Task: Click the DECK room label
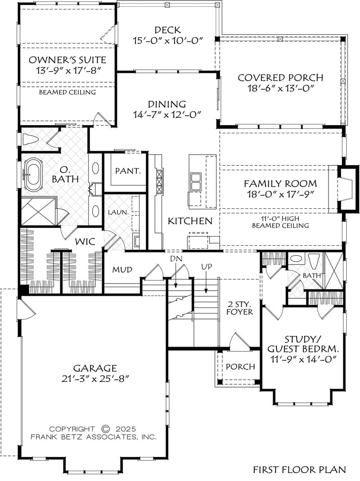coord(168,30)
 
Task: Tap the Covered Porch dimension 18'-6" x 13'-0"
coord(280,88)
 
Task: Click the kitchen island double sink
coord(196,183)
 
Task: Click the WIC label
coord(85,242)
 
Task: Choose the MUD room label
coord(121,270)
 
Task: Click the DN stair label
coord(175,260)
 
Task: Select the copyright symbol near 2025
coord(106,429)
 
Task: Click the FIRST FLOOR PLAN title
coord(299,469)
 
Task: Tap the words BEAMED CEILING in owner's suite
coord(67,92)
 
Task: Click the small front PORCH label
coord(240,366)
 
